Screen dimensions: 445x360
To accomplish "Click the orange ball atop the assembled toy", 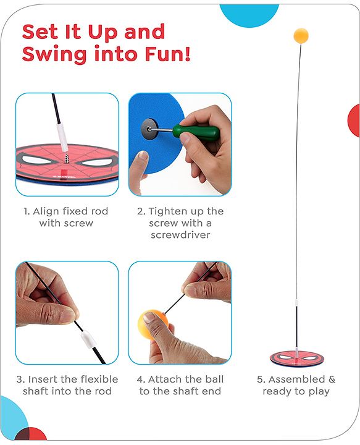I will tap(301, 35).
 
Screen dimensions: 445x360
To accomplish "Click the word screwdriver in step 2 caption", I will tap(180, 234).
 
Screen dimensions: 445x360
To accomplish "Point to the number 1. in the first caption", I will tap(28, 211).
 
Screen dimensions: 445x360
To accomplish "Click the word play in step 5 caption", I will tap(319, 392).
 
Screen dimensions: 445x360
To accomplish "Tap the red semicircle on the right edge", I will tap(354, 121).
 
